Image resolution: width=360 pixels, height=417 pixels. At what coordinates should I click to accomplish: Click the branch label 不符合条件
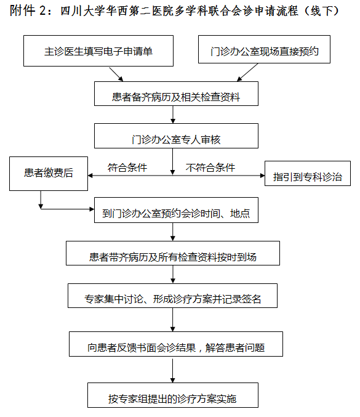[x=210, y=168]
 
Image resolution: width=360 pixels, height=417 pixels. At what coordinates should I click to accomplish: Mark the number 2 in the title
[x=43, y=11]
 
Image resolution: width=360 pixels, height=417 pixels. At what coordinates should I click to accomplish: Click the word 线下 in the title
[x=322, y=11]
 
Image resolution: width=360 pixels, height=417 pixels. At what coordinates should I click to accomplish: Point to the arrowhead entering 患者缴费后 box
[x=90, y=176]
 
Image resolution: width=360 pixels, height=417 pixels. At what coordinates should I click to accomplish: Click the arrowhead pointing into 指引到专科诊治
[x=263, y=176]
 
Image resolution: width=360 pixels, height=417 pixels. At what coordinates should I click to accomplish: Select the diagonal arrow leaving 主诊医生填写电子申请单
[x=116, y=74]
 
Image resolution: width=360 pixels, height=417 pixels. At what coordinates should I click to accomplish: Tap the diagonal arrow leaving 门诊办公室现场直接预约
[x=247, y=72]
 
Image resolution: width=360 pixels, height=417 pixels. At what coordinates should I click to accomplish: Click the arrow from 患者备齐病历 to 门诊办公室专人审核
[x=173, y=115]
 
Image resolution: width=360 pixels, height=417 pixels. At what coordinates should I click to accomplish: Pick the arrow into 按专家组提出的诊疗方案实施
[x=173, y=371]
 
